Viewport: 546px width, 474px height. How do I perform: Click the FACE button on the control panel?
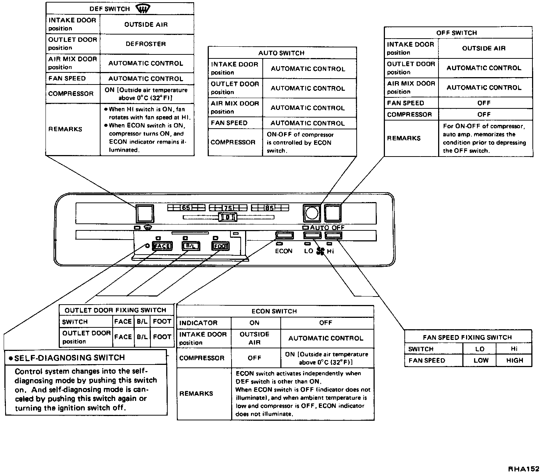(162, 246)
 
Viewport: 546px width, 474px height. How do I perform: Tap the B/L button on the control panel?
(191, 246)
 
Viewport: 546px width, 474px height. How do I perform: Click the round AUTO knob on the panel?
(312, 213)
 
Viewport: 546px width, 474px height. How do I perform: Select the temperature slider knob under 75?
(228, 217)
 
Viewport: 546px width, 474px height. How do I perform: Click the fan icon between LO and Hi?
(320, 251)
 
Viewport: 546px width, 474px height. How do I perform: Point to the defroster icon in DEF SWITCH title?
(143, 8)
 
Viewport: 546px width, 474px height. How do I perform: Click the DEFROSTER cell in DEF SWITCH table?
(146, 44)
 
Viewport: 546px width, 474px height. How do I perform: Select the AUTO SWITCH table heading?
(281, 53)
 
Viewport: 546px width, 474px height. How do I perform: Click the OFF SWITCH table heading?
(456, 33)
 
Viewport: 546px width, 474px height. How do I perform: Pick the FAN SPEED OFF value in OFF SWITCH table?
(484, 103)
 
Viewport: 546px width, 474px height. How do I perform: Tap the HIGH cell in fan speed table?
(514, 360)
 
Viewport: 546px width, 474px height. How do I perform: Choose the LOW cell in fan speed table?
(481, 360)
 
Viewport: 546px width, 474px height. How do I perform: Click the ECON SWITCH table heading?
(274, 311)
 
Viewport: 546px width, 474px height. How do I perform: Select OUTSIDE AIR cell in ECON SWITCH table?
(255, 338)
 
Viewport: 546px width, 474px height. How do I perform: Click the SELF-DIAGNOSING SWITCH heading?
(69, 358)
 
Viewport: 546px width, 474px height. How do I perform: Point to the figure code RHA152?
(523, 469)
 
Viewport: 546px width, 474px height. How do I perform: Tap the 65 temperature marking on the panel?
(186, 208)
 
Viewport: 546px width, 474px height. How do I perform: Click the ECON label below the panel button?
(284, 251)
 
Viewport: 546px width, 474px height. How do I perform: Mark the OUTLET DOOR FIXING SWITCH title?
(115, 310)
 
